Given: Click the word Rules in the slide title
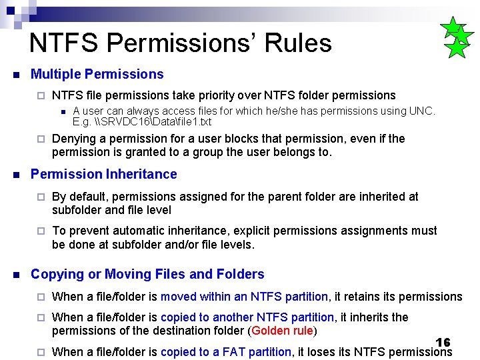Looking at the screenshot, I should (x=297, y=43).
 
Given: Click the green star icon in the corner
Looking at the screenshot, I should (x=457, y=39).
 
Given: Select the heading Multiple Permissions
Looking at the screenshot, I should (x=97, y=74).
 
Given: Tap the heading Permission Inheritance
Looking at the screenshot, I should (x=103, y=174).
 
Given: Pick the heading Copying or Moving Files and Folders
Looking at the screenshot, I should (x=147, y=274).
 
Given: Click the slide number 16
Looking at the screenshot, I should (x=443, y=342).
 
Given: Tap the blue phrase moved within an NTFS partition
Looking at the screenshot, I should (x=244, y=296).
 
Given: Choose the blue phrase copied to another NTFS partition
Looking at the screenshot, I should (x=247, y=317).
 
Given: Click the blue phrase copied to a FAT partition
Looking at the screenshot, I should (x=225, y=351).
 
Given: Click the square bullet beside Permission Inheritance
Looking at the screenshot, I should (x=15, y=175).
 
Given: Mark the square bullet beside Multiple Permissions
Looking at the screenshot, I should (x=15, y=75).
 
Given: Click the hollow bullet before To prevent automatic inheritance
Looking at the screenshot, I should (x=40, y=231).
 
